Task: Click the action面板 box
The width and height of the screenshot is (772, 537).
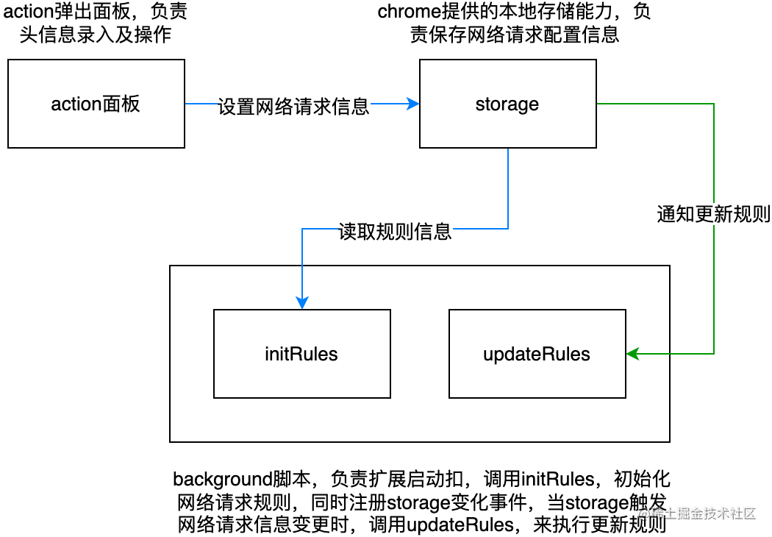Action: pos(96,104)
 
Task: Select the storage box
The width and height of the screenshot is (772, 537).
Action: pos(507,104)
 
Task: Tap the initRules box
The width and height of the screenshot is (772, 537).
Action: pos(301,354)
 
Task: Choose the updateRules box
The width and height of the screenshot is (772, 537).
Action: pos(537,354)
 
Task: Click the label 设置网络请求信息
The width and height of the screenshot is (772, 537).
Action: pos(293,107)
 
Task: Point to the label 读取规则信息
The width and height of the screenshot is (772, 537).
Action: pos(395,232)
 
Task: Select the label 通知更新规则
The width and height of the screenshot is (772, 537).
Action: pos(713,214)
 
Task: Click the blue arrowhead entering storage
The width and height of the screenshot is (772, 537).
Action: pos(414,104)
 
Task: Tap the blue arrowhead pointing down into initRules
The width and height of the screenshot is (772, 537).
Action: pos(302,303)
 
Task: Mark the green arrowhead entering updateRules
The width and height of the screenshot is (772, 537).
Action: pos(632,354)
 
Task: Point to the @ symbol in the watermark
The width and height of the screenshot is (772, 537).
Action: pos(643,513)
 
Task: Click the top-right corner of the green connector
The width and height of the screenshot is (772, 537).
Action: pos(713,104)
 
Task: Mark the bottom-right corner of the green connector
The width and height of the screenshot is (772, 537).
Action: pos(713,354)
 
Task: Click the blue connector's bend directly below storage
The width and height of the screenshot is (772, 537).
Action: pos(508,228)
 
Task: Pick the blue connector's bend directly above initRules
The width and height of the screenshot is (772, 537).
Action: pos(302,228)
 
